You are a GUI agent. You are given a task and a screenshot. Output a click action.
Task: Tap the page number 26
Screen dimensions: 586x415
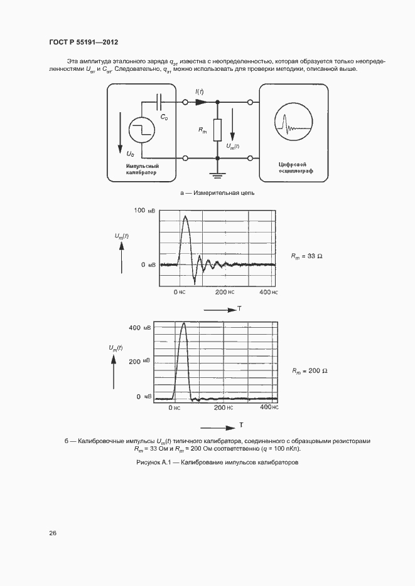tap(53, 533)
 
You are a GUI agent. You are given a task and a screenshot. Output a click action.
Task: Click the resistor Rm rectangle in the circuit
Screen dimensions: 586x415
tap(217, 130)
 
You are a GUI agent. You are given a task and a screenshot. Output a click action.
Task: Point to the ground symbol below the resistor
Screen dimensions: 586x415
tap(217, 171)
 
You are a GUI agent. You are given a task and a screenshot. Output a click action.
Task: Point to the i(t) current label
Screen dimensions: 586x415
tap(200, 92)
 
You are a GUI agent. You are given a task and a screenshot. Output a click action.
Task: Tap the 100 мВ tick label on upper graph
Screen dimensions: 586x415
tap(143, 211)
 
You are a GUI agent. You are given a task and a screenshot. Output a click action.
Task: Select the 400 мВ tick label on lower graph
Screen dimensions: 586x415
tap(139, 328)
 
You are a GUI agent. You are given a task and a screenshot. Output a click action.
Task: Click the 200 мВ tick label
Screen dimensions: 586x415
tap(139, 362)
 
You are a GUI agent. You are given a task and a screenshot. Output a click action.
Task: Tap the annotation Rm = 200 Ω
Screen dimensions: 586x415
tap(310, 371)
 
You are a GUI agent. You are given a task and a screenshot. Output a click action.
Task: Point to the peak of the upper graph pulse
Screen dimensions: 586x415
tap(185, 217)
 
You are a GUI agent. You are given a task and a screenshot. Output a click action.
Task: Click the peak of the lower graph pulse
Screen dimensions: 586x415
tap(183, 324)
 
